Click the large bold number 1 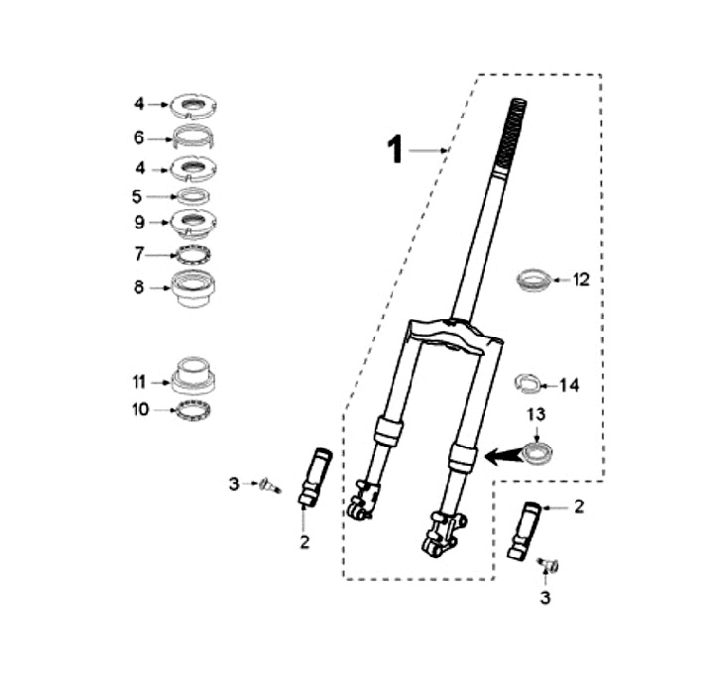[x=396, y=150]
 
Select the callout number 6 [x=139, y=138]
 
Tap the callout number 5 [x=137, y=196]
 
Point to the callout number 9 [x=140, y=222]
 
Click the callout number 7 [x=140, y=254]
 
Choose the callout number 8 [x=139, y=287]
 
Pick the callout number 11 [x=139, y=382]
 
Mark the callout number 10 [x=141, y=409]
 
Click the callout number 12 [x=581, y=280]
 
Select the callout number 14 [x=569, y=386]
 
